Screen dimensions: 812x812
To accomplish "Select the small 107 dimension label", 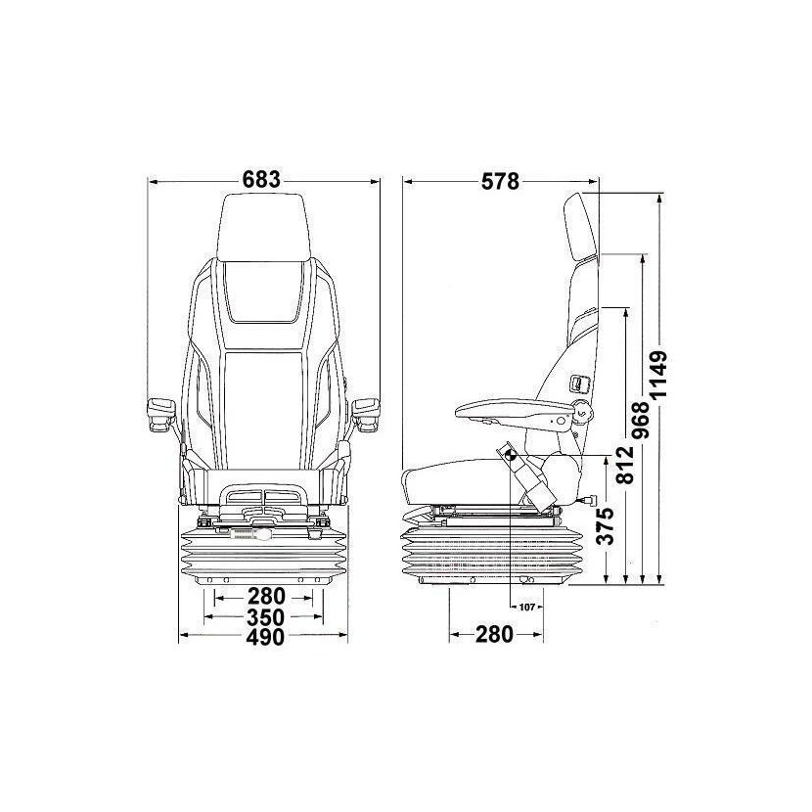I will (526, 607).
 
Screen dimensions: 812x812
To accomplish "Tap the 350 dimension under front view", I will (265, 617).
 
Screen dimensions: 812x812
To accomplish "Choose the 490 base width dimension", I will (265, 638).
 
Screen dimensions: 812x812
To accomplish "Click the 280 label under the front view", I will (265, 596).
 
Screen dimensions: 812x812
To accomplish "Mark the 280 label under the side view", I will (494, 635).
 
